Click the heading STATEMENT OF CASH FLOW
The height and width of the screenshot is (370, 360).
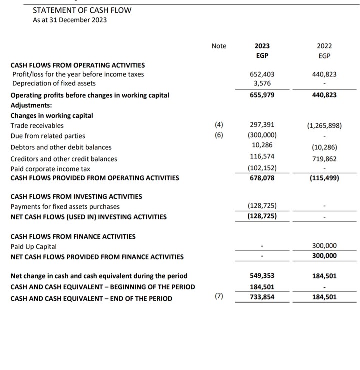(82, 10)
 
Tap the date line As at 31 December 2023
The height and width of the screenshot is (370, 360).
(69, 20)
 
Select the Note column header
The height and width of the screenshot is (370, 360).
(219, 46)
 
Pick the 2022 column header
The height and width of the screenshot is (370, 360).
(324, 46)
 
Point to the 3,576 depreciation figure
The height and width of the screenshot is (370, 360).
(263, 83)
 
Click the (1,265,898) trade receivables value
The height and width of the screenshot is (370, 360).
(324, 125)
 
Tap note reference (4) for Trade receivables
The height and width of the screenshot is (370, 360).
(219, 125)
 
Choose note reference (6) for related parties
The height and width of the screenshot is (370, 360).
(219, 135)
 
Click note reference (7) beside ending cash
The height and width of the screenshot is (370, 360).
(219, 296)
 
